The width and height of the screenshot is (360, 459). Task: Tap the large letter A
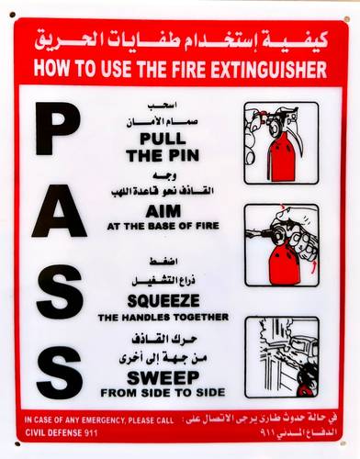(59, 211)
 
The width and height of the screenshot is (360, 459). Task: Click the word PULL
(163, 139)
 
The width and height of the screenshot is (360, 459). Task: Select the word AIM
(163, 211)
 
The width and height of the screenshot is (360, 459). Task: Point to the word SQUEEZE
(163, 300)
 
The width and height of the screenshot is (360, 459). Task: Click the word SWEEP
(163, 377)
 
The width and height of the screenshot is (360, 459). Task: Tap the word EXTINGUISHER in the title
(269, 69)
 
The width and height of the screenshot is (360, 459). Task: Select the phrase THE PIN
(163, 155)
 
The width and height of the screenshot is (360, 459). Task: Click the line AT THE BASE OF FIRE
(163, 226)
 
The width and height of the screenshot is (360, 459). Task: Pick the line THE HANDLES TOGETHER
(163, 318)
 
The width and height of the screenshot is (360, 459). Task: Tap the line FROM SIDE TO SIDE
(163, 393)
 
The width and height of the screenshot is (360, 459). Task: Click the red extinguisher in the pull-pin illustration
(281, 157)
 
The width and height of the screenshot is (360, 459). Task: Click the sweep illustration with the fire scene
(282, 357)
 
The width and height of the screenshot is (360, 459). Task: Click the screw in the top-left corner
(13, 15)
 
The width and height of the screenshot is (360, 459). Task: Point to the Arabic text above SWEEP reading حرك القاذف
(164, 339)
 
